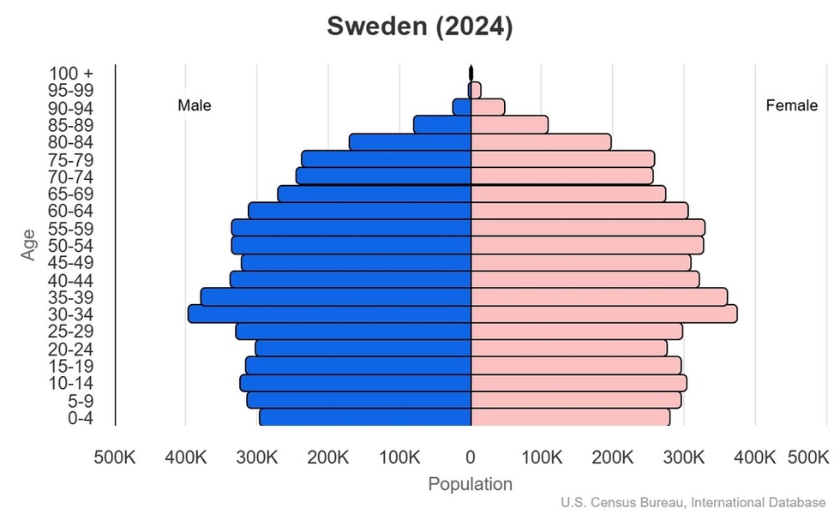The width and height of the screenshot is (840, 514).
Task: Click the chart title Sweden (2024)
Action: (420, 27)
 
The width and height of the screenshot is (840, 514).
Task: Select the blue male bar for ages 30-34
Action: (330, 314)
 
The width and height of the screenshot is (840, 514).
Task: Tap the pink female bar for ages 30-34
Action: (603, 314)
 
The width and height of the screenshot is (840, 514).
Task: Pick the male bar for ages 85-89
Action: (442, 125)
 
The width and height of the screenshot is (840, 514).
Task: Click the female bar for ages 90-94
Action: (488, 107)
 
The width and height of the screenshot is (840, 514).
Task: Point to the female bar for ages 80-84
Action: (541, 142)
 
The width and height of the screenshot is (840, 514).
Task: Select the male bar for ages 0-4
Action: (365, 417)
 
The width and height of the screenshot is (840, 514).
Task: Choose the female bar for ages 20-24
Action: (568, 349)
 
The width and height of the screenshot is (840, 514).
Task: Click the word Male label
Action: (195, 105)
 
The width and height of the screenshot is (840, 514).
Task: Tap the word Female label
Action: (791, 105)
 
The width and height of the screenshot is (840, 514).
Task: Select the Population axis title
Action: (470, 484)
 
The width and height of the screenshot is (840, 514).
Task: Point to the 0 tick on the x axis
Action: (471, 457)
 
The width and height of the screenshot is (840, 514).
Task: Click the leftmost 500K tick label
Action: (115, 457)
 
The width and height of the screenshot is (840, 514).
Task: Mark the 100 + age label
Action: (72, 74)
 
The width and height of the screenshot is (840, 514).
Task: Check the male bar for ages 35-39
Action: (336, 297)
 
